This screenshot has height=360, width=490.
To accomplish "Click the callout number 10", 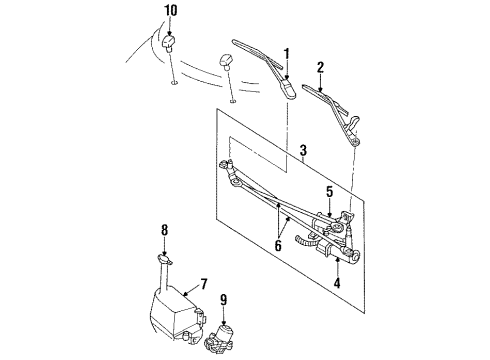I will coord(170,11).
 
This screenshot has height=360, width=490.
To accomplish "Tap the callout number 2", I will coord(319,69).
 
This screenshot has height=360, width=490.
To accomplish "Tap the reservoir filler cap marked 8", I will coord(163,258).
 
